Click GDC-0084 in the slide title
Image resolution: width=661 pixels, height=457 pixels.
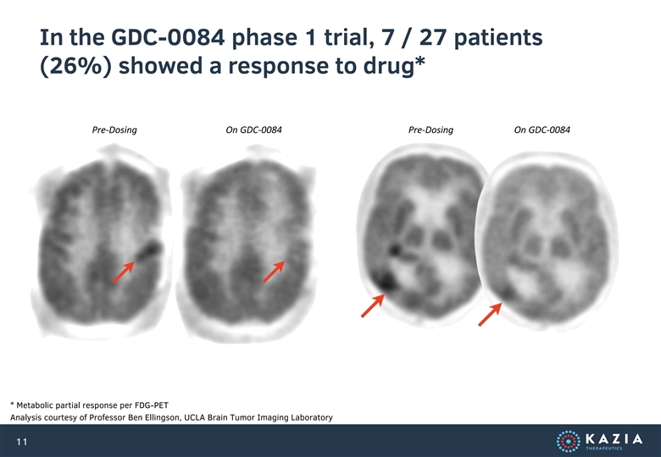pos(168,37)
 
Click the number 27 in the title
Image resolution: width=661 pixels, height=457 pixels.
pos(434,37)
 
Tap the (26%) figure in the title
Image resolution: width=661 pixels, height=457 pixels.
pos(76,66)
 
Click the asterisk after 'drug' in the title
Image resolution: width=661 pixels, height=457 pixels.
pos(419,62)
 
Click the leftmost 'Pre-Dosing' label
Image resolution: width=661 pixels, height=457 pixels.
pos(114,129)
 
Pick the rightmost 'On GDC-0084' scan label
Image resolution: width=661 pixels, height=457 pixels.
pos(542,129)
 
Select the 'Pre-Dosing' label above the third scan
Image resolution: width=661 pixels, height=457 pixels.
pos(430,129)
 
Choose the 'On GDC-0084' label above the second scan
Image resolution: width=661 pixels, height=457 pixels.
pos(253,129)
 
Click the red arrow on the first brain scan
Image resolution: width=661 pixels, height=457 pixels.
pos(124,272)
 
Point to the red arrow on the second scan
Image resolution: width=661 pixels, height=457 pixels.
pos(274,272)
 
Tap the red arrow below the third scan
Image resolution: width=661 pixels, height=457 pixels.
pos(373,306)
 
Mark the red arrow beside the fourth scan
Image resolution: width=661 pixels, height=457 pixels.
pos(490,314)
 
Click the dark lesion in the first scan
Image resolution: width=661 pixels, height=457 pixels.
pos(149,251)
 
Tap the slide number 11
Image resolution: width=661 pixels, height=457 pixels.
pos(22,442)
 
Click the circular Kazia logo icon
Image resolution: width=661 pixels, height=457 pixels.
pos(569,441)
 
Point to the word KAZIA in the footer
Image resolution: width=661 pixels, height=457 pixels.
pos(614,439)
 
